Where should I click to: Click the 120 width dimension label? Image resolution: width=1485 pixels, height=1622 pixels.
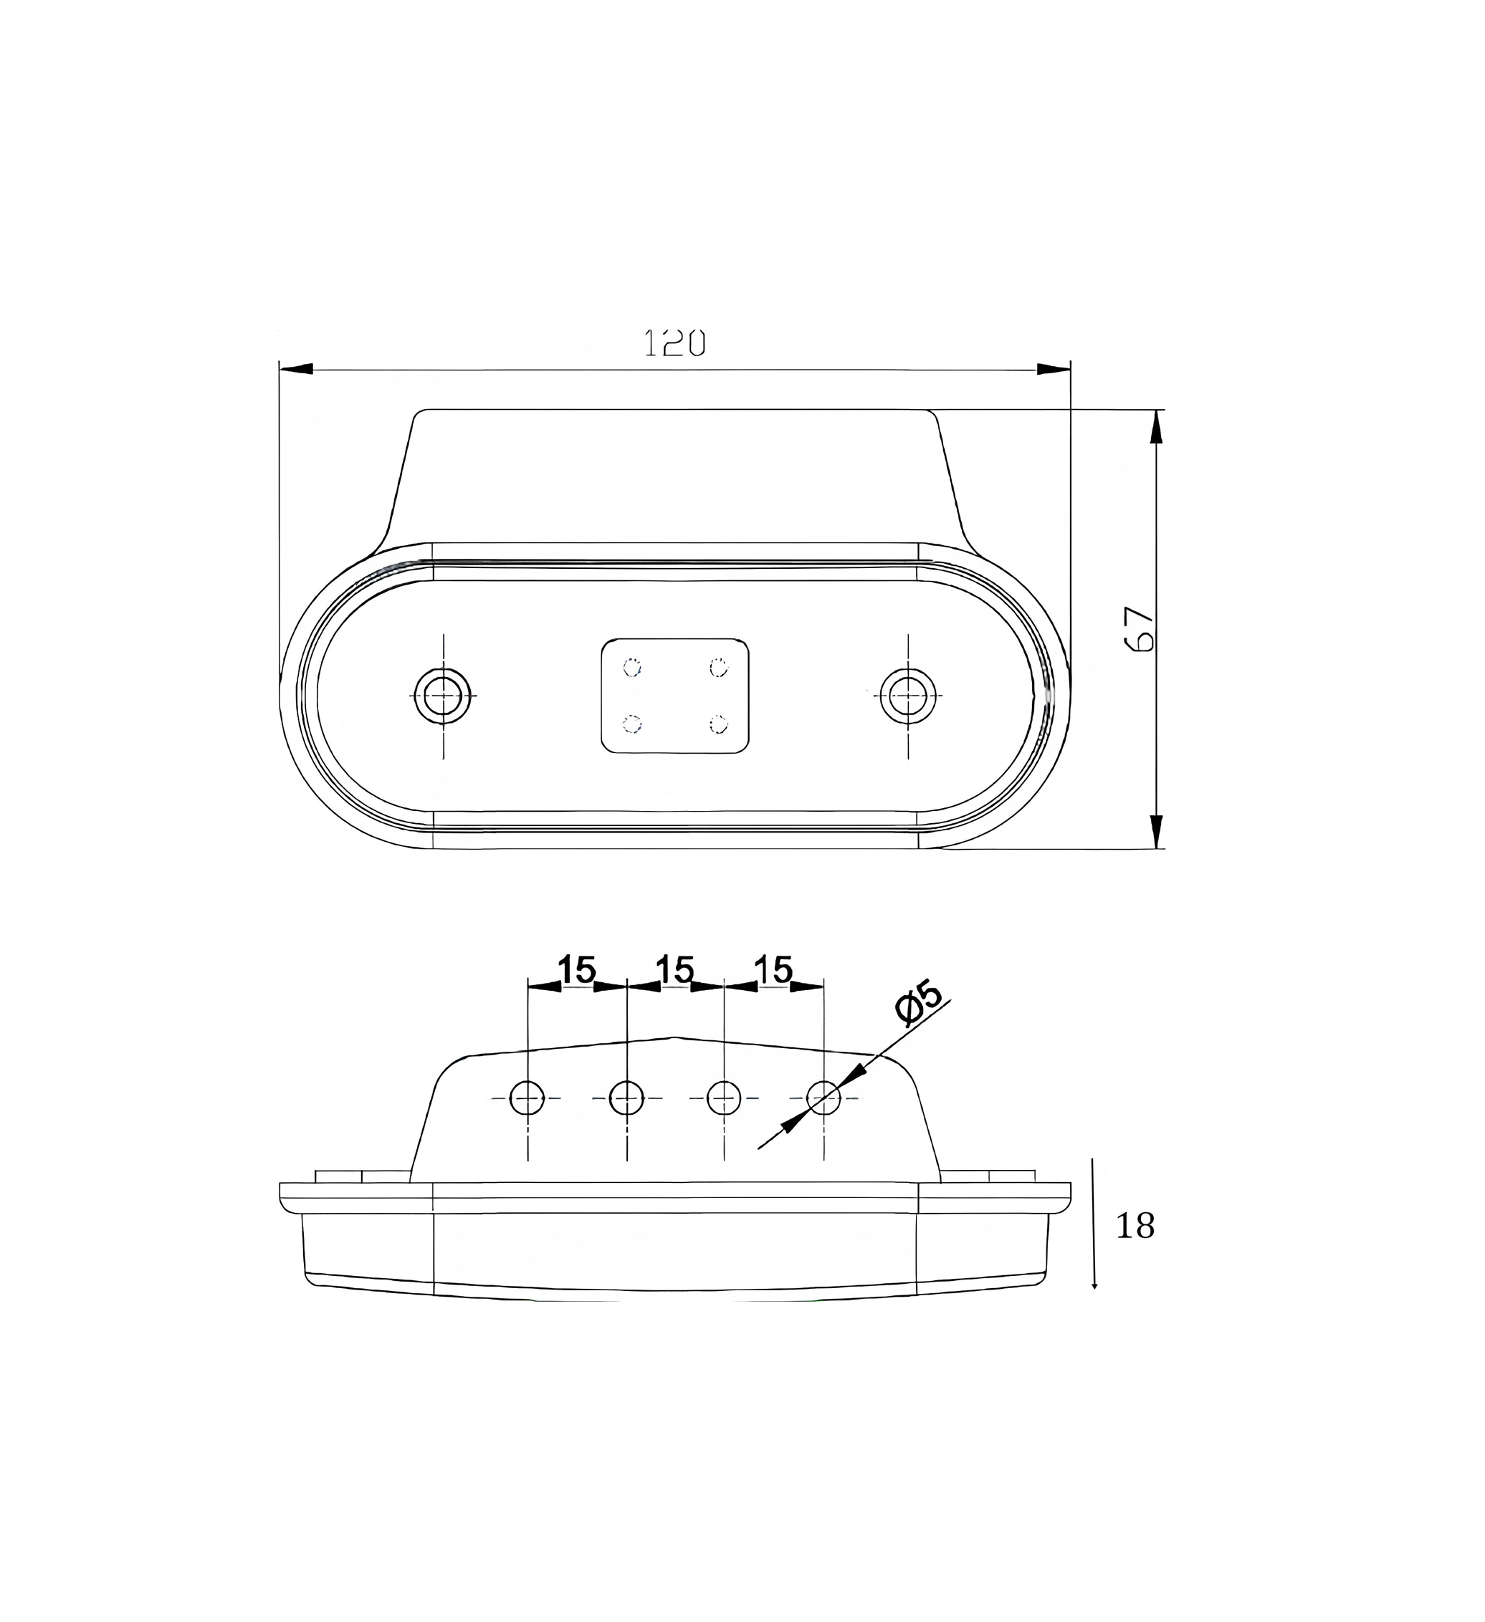(x=674, y=344)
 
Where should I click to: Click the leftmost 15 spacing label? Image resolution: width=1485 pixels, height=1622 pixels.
(x=576, y=969)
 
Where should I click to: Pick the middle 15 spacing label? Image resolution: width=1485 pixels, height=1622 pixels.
(x=674, y=969)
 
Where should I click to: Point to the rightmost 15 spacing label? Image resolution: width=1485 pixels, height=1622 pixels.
(x=773, y=969)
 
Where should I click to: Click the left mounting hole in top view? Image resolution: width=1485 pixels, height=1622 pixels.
(x=443, y=695)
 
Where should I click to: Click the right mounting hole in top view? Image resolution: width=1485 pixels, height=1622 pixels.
(x=908, y=695)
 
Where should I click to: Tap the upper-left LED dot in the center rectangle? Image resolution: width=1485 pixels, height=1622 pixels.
(x=633, y=667)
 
